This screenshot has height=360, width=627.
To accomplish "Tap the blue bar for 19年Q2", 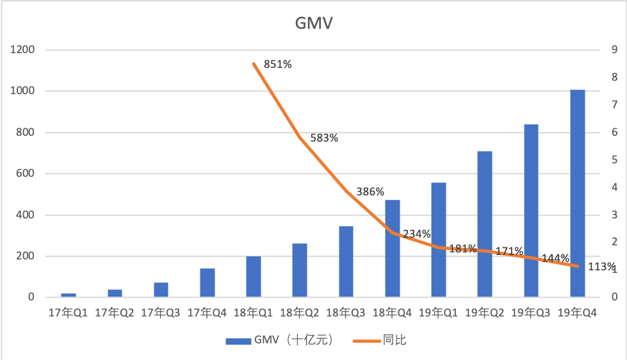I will coord(485,224).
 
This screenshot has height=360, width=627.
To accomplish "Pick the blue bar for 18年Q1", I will coord(254,277).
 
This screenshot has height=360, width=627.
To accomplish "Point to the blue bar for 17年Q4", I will coord(208,282).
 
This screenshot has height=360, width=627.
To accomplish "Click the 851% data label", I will coord(277,63).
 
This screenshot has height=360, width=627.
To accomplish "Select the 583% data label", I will coord(324,138).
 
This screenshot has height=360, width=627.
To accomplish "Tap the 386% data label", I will coord(370,192).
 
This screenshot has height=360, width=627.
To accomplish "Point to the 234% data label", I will coord(416,234).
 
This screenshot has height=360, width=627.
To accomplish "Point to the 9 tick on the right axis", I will coord(614,50).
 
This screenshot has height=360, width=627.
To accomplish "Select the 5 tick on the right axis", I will coord(614,160).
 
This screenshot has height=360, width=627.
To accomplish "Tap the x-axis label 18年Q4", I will coord(392,313).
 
